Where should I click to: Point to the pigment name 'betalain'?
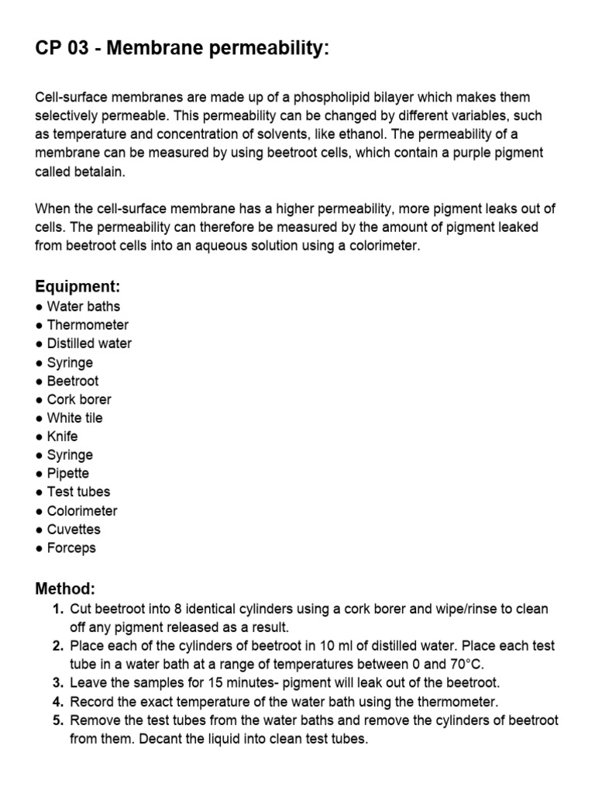(99, 171)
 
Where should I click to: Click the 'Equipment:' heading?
(77, 287)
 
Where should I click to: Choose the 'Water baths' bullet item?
(83, 306)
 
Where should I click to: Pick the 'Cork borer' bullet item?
(78, 399)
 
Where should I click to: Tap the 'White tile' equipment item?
(74, 418)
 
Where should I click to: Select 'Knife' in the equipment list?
(62, 437)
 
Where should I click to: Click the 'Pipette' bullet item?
(67, 473)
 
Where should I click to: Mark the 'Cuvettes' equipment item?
(74, 530)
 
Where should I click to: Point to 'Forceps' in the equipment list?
(71, 548)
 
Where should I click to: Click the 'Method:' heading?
(65, 589)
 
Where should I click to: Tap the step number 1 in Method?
(58, 609)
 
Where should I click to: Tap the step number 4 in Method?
(58, 702)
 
